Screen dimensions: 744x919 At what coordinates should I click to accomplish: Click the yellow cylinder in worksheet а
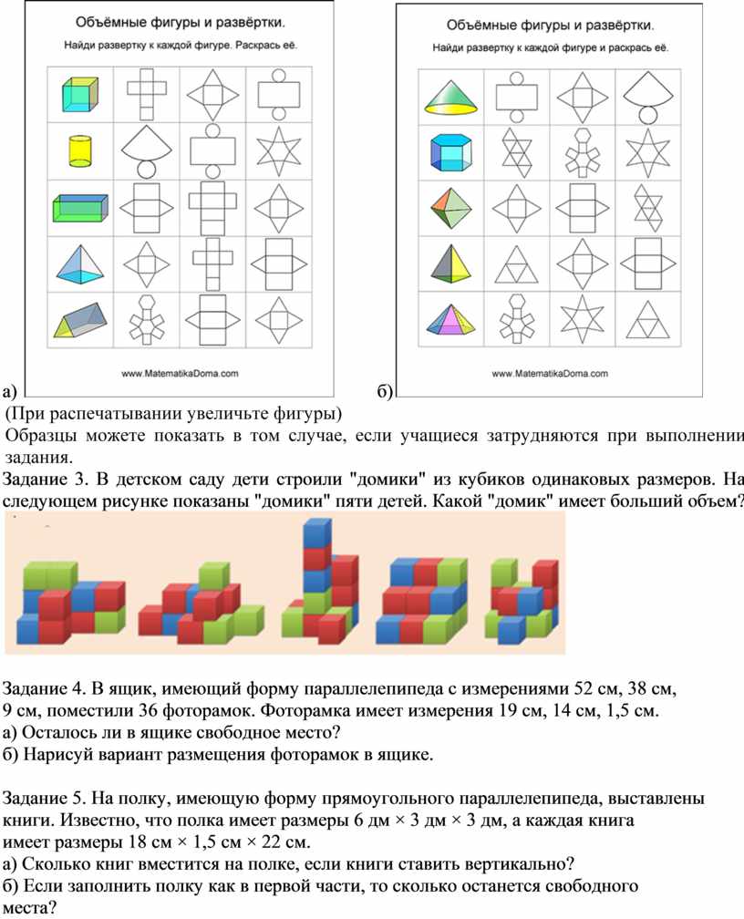pos(80,151)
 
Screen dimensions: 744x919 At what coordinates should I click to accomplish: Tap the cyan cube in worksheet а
pos(79,95)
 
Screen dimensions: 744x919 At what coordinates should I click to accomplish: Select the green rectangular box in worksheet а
pos(80,209)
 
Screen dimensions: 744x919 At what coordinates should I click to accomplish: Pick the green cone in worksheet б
pos(450,97)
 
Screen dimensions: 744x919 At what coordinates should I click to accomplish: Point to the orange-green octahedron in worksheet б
pos(450,209)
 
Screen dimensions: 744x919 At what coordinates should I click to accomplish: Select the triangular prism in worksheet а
pos(80,320)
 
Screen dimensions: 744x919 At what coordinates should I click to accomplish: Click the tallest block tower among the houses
pos(320,586)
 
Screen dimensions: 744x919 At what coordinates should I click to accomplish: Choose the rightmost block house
pos(522,598)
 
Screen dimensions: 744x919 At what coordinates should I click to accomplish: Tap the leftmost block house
pos(71,602)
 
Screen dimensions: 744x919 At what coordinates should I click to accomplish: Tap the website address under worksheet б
pos(550,374)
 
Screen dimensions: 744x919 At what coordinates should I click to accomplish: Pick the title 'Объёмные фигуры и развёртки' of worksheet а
pos(181,23)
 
